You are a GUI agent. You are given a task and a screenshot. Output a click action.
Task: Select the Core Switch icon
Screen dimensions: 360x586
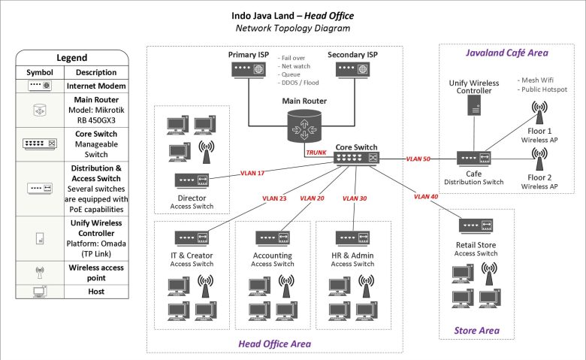(358, 159)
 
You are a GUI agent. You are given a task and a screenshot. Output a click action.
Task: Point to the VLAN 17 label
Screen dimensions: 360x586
(253, 172)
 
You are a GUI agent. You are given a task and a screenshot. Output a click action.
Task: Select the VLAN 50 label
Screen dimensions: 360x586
(418, 159)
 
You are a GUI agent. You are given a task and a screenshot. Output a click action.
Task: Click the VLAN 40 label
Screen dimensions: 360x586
(426, 197)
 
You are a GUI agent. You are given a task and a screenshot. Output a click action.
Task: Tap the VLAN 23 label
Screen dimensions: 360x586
(273, 199)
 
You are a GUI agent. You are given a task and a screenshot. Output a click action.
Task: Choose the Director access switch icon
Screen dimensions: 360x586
(192, 180)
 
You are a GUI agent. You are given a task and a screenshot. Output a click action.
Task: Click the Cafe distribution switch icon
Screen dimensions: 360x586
(475, 159)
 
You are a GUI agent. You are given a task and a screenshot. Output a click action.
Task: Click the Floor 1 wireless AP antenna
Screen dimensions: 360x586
(539, 111)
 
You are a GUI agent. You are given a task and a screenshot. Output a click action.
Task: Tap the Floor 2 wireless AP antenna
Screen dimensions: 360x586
(539, 159)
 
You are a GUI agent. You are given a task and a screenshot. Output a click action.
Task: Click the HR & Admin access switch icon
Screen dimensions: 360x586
(353, 237)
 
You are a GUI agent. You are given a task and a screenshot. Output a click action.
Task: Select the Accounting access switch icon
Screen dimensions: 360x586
(272, 237)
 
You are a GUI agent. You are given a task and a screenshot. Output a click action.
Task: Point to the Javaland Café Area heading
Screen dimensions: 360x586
(506, 53)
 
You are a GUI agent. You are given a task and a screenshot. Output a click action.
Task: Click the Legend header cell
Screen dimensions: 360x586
(72, 58)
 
